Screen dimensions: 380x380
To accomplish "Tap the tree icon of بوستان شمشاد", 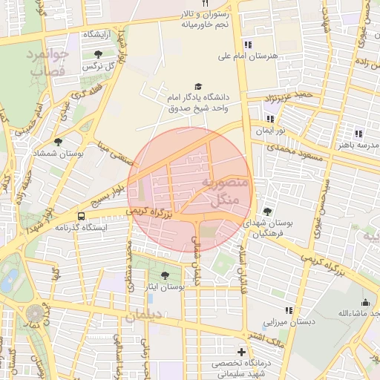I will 58,141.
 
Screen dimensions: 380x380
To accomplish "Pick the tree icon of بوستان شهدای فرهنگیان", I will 267,212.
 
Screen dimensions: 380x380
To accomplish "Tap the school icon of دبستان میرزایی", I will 289,311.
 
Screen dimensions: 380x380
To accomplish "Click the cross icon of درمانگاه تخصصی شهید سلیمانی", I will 241,352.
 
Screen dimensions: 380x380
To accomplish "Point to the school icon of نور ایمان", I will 269,119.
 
